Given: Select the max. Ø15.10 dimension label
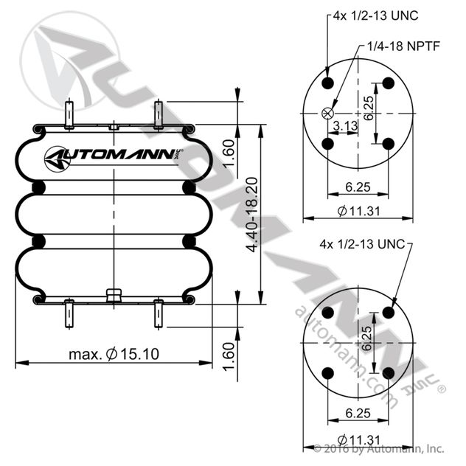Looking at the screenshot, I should pos(114,354).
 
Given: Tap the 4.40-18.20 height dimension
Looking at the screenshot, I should pos(251,214).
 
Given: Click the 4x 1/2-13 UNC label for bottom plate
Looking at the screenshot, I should pos(363,244).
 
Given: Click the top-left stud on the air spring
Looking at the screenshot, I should pos(69,115).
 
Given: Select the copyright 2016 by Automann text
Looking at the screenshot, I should pos(379,448).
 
